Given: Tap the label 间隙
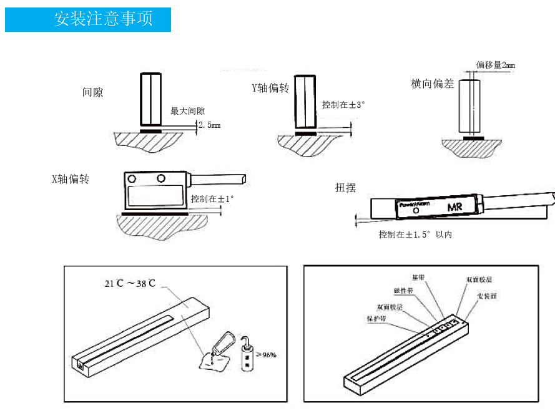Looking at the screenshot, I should coord(92,92).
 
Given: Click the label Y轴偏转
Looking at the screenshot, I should coord(270,88).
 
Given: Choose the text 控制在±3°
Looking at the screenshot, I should coord(343,105).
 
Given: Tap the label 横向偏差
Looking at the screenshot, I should coord(432,84).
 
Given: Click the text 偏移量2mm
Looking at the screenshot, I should coord(496,65).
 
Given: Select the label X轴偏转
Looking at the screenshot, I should coord(70,179).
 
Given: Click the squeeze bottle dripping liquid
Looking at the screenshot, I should coord(222,345).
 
